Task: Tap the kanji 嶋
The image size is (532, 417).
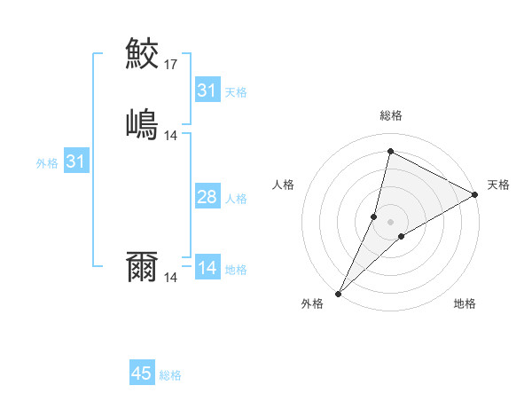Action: (143, 123)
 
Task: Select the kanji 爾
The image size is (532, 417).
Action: (143, 265)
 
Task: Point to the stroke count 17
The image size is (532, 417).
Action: (171, 65)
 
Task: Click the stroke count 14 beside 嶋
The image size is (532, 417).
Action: (171, 136)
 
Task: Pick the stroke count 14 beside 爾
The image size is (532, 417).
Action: (171, 278)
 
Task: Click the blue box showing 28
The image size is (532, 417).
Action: (207, 197)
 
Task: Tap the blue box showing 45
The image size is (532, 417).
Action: (142, 374)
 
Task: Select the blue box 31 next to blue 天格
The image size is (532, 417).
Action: (207, 90)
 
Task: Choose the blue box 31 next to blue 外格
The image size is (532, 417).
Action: (76, 161)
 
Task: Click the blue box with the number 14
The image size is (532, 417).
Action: (207, 268)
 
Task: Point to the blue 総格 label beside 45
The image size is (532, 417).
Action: (170, 375)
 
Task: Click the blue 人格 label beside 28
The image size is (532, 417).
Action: (236, 199)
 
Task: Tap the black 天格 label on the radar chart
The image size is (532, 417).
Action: (498, 185)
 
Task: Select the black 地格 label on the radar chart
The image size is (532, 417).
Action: (465, 303)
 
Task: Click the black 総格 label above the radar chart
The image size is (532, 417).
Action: (391, 115)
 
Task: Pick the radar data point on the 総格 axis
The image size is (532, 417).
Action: (390, 152)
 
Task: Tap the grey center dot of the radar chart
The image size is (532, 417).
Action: (390, 222)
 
